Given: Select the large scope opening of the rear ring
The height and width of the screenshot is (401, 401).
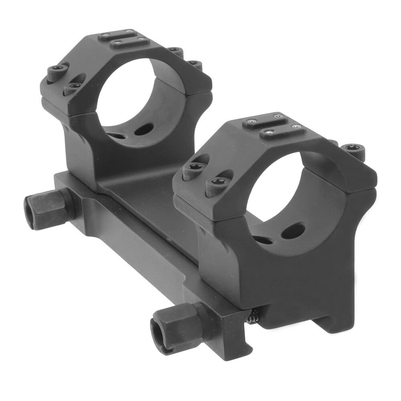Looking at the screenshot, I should (132, 96).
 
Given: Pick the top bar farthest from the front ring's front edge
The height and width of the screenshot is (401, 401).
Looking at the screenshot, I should (264, 120).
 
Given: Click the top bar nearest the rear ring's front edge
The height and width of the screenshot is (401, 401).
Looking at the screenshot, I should (129, 42).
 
